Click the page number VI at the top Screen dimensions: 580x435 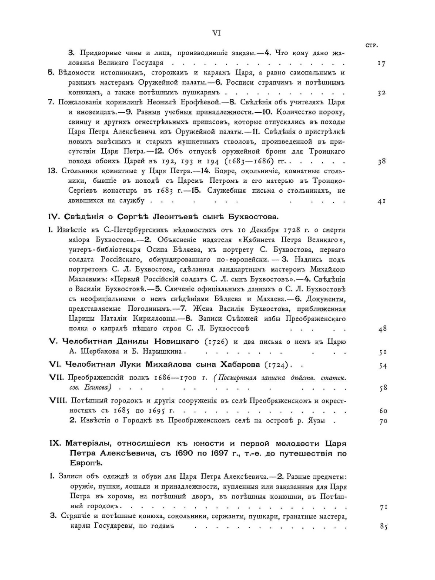217,33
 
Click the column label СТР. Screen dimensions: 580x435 371,45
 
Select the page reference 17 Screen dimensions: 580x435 381,64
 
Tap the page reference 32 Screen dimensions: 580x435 381,93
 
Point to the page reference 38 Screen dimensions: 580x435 381,161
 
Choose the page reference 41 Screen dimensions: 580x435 381,201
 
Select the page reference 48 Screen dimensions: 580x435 382,329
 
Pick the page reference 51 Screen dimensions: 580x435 382,352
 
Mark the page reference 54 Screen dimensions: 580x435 382,366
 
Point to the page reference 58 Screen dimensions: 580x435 382,388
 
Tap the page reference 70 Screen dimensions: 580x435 382,421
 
